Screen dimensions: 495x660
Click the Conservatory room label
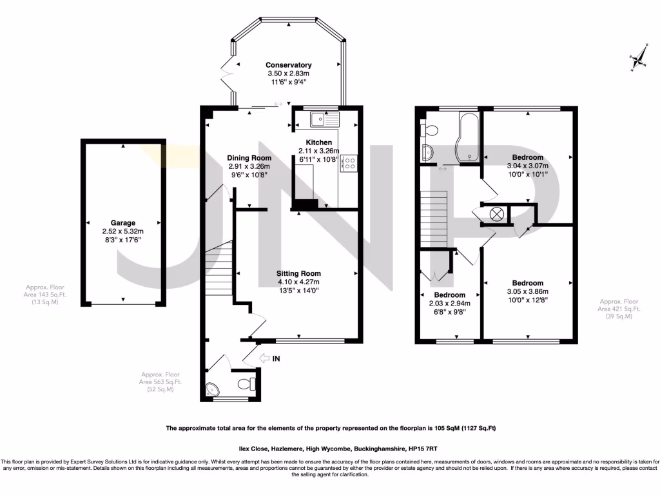coord(289,65)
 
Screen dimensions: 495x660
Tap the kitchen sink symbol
coord(324,119)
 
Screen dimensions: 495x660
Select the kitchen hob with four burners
coord(349,164)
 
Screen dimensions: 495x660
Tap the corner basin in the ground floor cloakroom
coord(212,389)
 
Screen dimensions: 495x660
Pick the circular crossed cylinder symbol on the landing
coord(497,215)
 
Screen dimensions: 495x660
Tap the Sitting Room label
coord(298,273)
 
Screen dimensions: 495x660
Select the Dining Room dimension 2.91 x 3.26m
coord(249,166)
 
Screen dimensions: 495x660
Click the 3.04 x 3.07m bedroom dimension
coord(528,166)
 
